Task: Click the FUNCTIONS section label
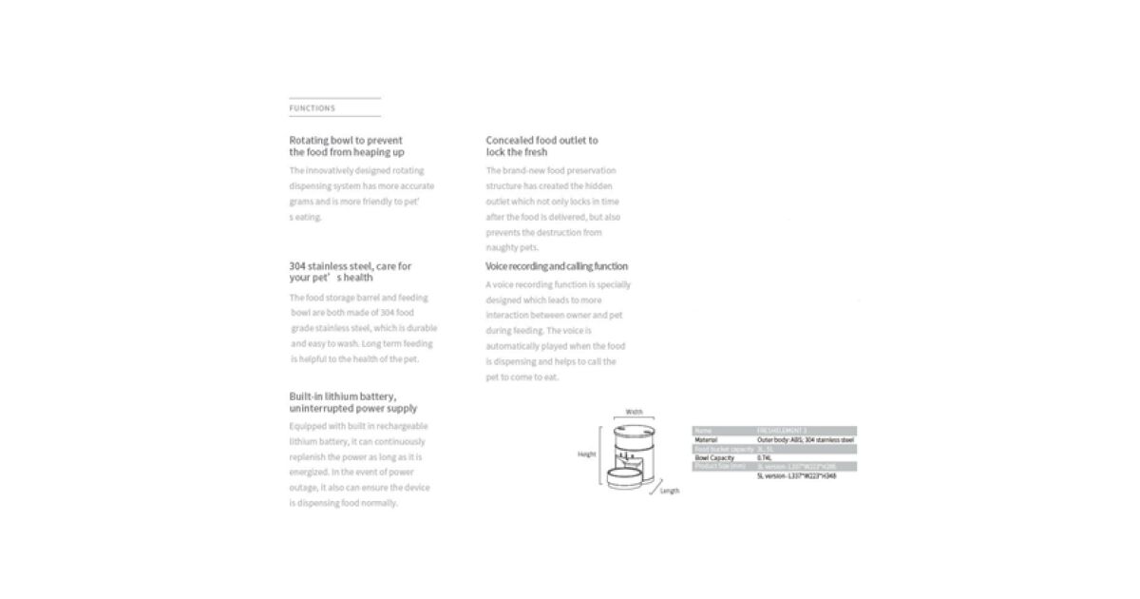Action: pyautogui.click(x=312, y=108)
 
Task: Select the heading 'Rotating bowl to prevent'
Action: pyautogui.click(x=346, y=140)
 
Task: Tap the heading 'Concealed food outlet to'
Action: pyautogui.click(x=541, y=140)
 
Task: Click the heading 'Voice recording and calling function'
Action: pyautogui.click(x=557, y=266)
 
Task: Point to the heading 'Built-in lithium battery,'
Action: pyautogui.click(x=343, y=396)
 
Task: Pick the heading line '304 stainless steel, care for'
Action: pyautogui.click(x=351, y=266)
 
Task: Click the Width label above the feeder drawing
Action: pyautogui.click(x=634, y=412)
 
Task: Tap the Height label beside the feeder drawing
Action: pyautogui.click(x=587, y=454)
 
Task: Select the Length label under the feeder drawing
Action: pyautogui.click(x=670, y=492)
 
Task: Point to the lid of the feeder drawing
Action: pyautogui.click(x=634, y=425)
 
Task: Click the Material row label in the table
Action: pyautogui.click(x=706, y=440)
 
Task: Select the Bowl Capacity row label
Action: pyautogui.click(x=715, y=457)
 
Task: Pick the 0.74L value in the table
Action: pyautogui.click(x=765, y=457)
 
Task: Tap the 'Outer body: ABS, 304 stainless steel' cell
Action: pyautogui.click(x=806, y=440)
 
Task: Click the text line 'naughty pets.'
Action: pyautogui.click(x=512, y=247)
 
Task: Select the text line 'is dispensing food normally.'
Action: pyautogui.click(x=344, y=503)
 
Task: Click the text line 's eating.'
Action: pyautogui.click(x=307, y=217)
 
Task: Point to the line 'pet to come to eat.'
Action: pyautogui.click(x=522, y=377)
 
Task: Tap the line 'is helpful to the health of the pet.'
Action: pyautogui.click(x=354, y=358)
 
